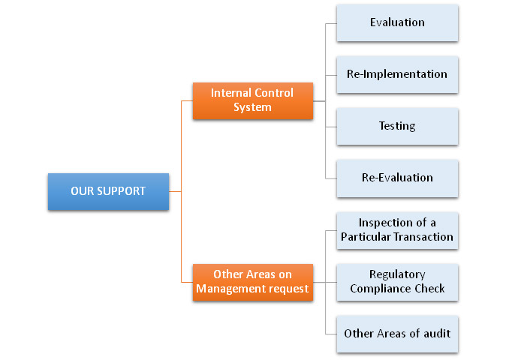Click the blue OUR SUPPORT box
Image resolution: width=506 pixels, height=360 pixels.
point(108,191)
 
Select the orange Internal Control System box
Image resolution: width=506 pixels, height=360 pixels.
point(252,100)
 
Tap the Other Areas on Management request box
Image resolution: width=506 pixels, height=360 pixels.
point(252,282)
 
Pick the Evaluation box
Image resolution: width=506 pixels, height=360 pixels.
point(397,22)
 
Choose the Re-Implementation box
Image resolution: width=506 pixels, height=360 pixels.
point(397,74)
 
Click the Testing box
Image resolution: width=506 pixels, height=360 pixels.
point(397,126)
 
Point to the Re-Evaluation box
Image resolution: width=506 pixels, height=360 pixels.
point(397,178)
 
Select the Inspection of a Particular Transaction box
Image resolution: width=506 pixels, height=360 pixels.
point(397,230)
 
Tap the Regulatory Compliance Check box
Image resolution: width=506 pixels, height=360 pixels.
point(397,281)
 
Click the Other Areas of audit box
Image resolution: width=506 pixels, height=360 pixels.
point(397,333)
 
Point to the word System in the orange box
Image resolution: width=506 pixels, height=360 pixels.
point(252,107)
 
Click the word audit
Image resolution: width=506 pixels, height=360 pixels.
point(436,333)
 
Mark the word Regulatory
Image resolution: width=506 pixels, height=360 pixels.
point(397,274)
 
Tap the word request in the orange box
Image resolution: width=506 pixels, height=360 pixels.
point(289,289)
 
